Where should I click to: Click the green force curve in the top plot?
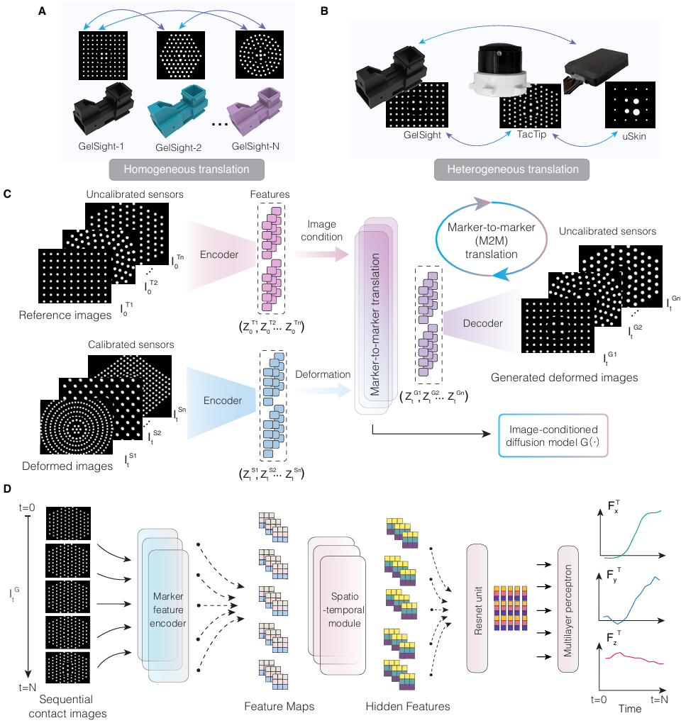636,529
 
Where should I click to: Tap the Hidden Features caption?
408,706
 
